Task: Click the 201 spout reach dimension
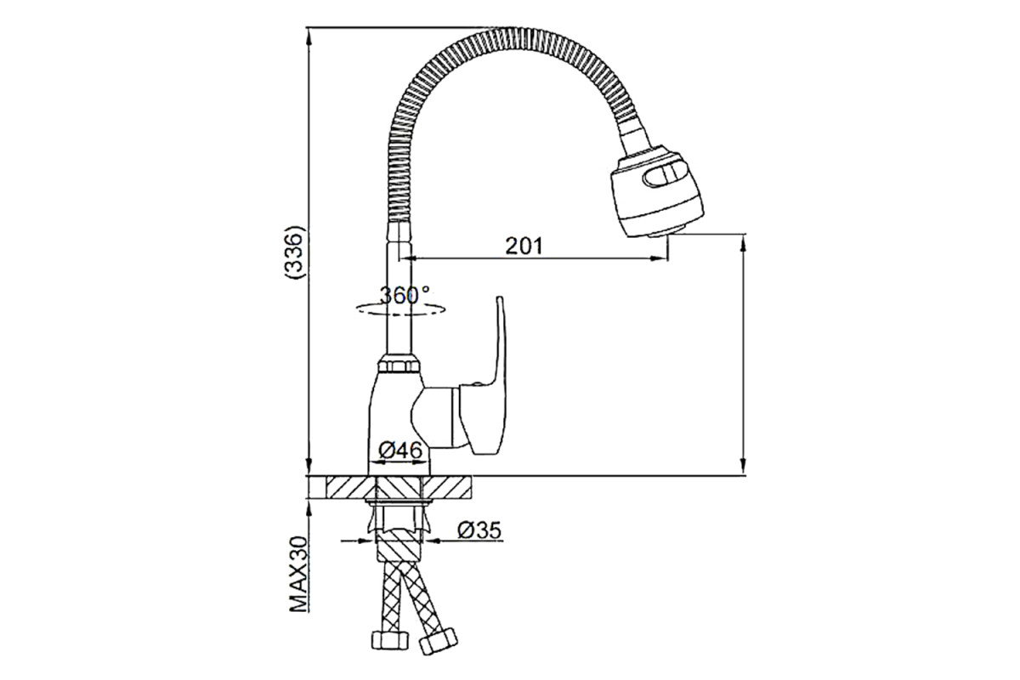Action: coord(524,246)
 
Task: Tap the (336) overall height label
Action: coord(294,252)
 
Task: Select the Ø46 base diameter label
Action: coord(400,450)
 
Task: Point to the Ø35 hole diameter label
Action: coord(479,530)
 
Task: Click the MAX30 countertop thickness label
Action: coord(298,575)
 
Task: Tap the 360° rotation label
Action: coord(405,296)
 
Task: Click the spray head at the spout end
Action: coord(655,191)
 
